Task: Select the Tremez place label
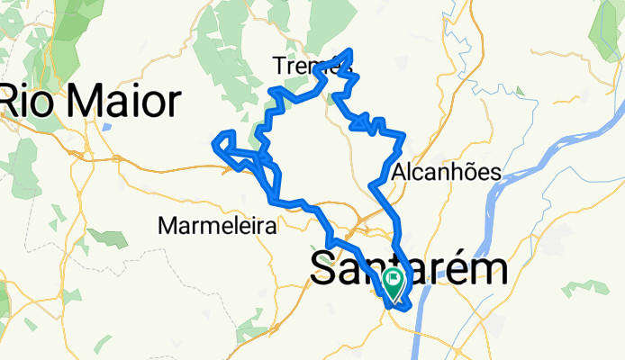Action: point(306,65)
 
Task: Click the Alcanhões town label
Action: point(446,173)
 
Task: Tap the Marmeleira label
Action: point(216,226)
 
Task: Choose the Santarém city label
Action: point(408,270)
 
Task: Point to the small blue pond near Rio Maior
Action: point(106,126)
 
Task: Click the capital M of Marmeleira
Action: point(167,226)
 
